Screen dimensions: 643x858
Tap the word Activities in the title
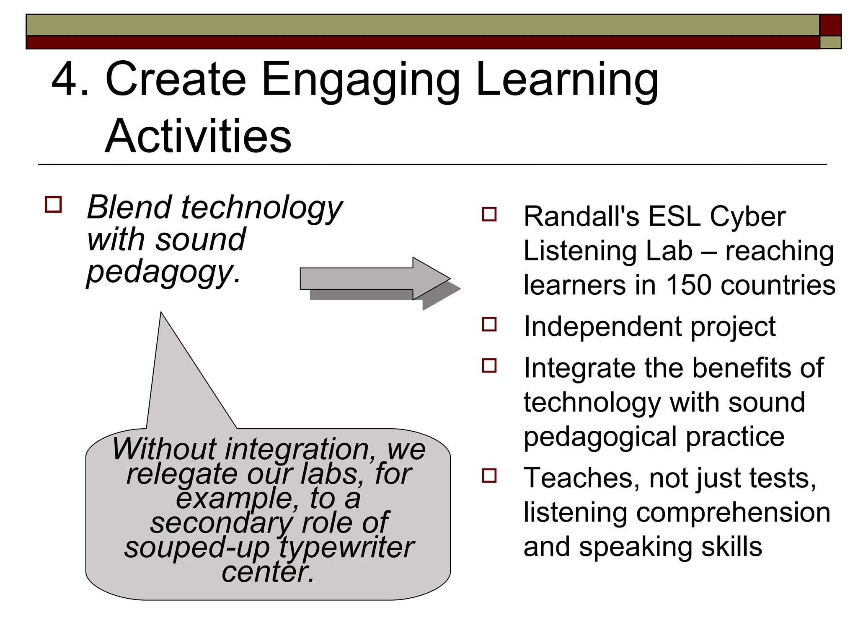[198, 136]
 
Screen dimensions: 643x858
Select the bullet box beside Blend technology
[53, 205]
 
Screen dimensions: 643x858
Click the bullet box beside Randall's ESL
[489, 214]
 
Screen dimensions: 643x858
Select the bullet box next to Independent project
[489, 324]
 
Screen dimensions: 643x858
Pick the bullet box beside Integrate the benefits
[489, 365]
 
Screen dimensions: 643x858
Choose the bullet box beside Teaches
[489, 476]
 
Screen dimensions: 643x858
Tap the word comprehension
[733, 513]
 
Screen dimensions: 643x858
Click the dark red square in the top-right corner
[830, 25]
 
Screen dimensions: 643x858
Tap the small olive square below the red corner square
[830, 42]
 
